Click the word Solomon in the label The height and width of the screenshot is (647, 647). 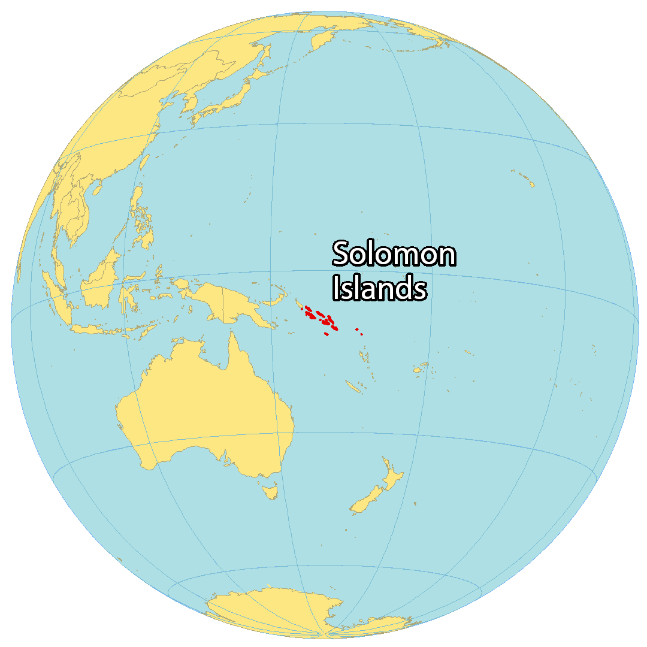(394, 254)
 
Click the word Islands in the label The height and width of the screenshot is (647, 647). (380, 288)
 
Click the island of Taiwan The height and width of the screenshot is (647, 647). (145, 162)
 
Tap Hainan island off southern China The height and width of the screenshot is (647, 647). (96, 189)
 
